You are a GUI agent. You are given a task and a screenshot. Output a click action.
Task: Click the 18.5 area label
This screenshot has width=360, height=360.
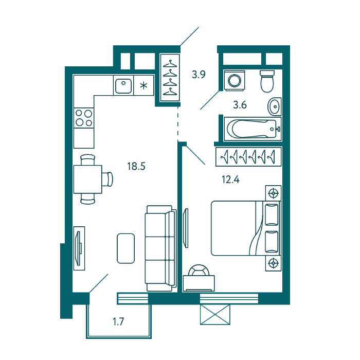136,166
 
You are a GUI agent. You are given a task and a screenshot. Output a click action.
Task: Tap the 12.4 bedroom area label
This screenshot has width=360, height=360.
230,179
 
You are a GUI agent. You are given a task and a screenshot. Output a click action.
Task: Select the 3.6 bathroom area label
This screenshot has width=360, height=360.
240,105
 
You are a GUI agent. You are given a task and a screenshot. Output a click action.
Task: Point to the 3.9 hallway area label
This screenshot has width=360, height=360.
199,75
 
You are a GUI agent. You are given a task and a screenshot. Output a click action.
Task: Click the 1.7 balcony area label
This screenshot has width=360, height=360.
118,321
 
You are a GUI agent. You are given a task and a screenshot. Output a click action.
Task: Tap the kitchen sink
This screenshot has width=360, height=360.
123,86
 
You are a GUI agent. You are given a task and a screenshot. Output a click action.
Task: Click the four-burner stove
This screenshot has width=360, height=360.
84,118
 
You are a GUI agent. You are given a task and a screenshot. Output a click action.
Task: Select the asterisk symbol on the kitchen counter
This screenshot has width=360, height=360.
143,86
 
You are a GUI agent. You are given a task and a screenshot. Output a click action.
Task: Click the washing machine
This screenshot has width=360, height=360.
235,81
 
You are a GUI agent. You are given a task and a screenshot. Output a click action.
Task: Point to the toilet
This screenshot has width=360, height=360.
267,81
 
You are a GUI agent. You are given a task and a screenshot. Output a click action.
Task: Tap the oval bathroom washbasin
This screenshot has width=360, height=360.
274,106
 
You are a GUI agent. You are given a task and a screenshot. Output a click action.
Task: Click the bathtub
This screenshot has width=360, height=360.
253,129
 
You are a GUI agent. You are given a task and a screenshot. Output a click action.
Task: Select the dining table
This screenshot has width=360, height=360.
88,179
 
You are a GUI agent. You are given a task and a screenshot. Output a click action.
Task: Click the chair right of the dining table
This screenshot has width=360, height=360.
107,179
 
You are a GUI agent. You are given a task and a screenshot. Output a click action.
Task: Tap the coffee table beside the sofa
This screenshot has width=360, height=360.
126,248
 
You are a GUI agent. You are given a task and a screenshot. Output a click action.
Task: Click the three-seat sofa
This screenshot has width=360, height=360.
160,248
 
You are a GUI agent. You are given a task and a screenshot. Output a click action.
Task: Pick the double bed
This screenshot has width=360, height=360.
246,228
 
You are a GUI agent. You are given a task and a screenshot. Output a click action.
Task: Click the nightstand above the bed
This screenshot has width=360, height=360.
273,193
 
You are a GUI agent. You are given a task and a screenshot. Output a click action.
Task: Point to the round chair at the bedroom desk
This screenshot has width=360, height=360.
199,270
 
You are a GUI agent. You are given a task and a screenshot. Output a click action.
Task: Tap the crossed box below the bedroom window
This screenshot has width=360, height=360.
215,314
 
